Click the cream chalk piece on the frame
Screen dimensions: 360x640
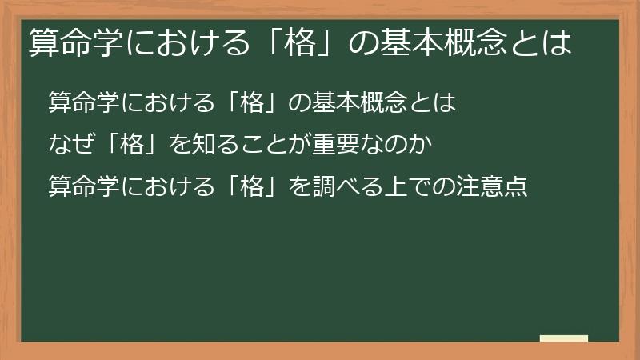(564, 338)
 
